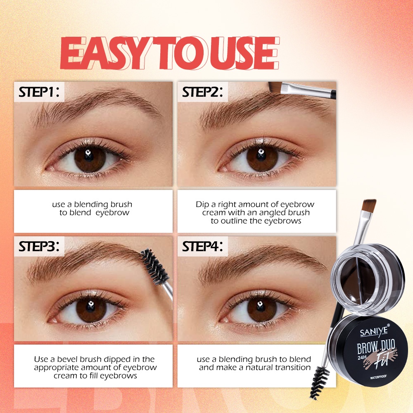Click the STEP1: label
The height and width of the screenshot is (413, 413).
tap(39, 92)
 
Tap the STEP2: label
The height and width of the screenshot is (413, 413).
tap(202, 92)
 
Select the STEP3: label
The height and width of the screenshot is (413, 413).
tap(39, 247)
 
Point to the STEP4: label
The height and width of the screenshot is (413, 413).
tap(202, 247)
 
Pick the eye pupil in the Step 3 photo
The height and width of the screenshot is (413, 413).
tap(90, 307)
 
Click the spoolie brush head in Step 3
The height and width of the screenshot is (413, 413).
tap(154, 267)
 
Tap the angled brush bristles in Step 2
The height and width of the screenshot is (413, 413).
tap(275, 87)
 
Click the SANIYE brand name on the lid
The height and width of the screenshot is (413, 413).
tap(374, 331)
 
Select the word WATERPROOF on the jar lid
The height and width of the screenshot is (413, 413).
tap(378, 377)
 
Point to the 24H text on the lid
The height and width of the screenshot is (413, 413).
tap(362, 357)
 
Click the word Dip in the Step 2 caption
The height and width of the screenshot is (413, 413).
tap(202, 205)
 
